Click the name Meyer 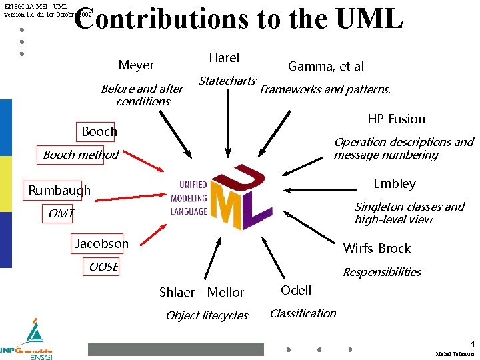136,65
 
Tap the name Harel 224,58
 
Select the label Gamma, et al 326,66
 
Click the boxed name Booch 99,131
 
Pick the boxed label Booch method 81,155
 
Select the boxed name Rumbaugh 59,190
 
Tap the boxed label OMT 61,213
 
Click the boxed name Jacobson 102,243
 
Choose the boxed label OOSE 104,267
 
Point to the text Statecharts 227,81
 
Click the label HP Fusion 396,119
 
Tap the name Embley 395,183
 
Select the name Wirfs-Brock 377,248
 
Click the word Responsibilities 382,272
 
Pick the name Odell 296,290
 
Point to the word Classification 303,313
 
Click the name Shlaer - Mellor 201,292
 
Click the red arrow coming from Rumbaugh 134,194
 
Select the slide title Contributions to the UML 238,19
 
